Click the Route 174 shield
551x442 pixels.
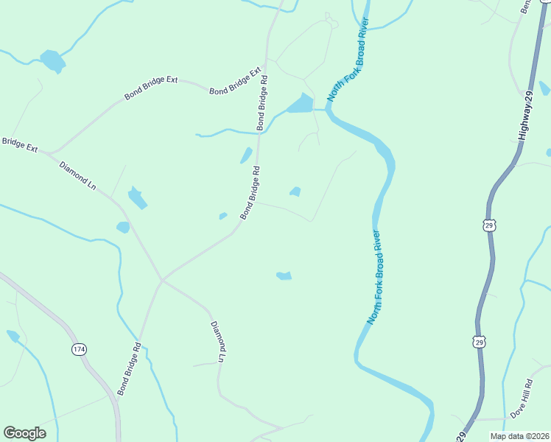[79, 348]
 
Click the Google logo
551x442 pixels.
[24, 433]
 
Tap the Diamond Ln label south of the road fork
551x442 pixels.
[217, 342]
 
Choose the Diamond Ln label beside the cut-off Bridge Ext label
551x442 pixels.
[78, 175]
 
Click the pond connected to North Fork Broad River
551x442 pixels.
[301, 105]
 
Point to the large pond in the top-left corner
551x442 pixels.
[52, 60]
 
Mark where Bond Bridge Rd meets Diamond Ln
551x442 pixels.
[162, 280]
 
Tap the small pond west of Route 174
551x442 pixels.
[13, 336]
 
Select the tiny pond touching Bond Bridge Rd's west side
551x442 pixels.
[223, 216]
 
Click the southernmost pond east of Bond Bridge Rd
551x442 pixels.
[284, 276]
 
